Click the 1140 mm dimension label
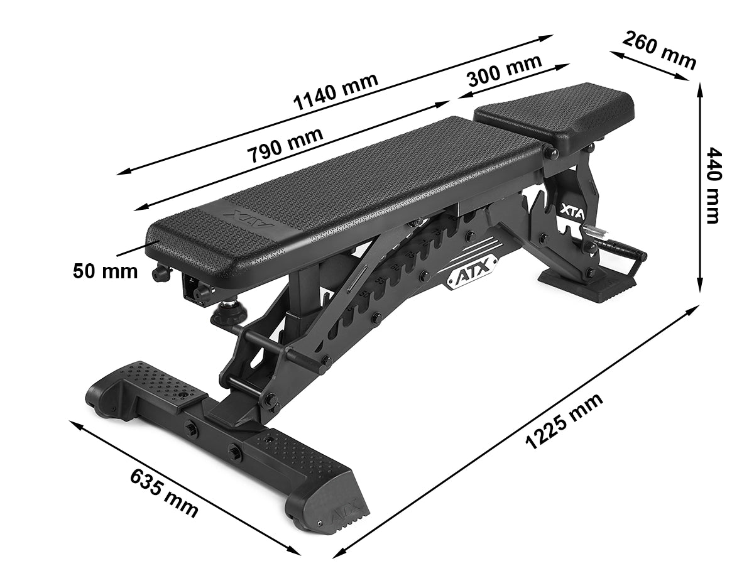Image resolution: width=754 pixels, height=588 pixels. [336, 92]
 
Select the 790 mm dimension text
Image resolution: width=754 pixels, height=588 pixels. [285, 144]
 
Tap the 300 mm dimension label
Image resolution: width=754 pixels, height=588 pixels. [505, 70]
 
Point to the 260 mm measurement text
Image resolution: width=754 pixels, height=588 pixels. [659, 50]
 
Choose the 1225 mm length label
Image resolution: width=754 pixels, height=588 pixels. [564, 420]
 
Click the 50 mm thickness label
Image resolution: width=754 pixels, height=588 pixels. [105, 271]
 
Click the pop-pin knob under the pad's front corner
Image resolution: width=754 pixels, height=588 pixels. [161, 272]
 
